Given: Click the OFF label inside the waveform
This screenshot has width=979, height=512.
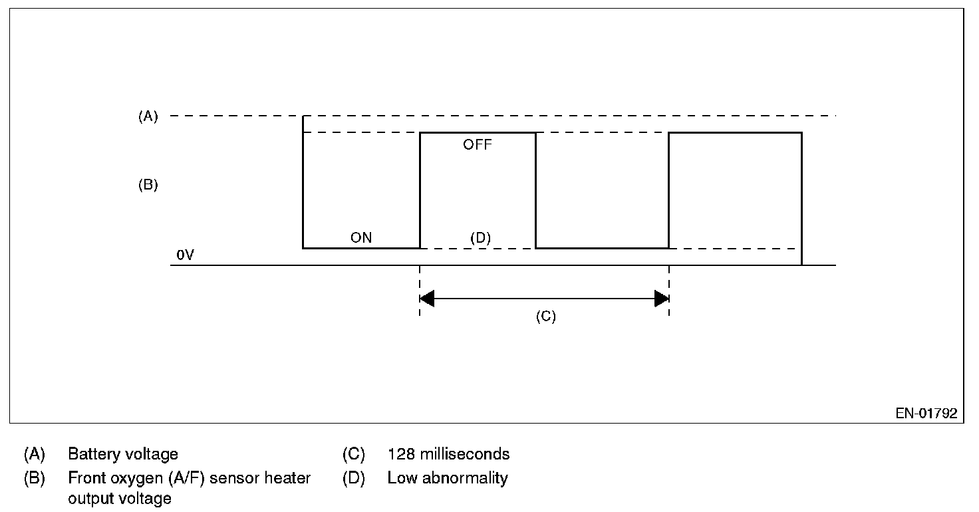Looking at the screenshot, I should [x=478, y=144].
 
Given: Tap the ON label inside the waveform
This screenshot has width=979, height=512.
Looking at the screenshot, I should [x=361, y=237].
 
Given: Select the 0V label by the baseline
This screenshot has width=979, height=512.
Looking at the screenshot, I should [x=185, y=255].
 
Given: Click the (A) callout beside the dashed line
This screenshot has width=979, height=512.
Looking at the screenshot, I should [x=148, y=116].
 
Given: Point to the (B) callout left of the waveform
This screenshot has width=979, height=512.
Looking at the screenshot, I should [x=148, y=185].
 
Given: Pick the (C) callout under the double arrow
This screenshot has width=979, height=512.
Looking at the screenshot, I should [x=545, y=317].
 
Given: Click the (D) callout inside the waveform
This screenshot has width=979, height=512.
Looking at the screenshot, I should [x=480, y=237].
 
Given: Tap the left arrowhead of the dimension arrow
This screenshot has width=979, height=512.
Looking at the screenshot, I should [x=427, y=299].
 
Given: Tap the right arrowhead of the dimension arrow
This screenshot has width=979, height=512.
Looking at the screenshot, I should [x=662, y=299].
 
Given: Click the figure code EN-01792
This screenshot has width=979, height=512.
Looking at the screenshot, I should [x=926, y=414].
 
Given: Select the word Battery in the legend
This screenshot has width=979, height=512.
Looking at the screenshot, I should [x=90, y=454].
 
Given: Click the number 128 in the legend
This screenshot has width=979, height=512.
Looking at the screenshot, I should [x=400, y=454].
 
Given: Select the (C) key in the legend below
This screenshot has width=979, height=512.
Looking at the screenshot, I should [x=353, y=454].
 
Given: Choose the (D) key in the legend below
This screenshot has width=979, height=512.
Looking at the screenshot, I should [x=353, y=477].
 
